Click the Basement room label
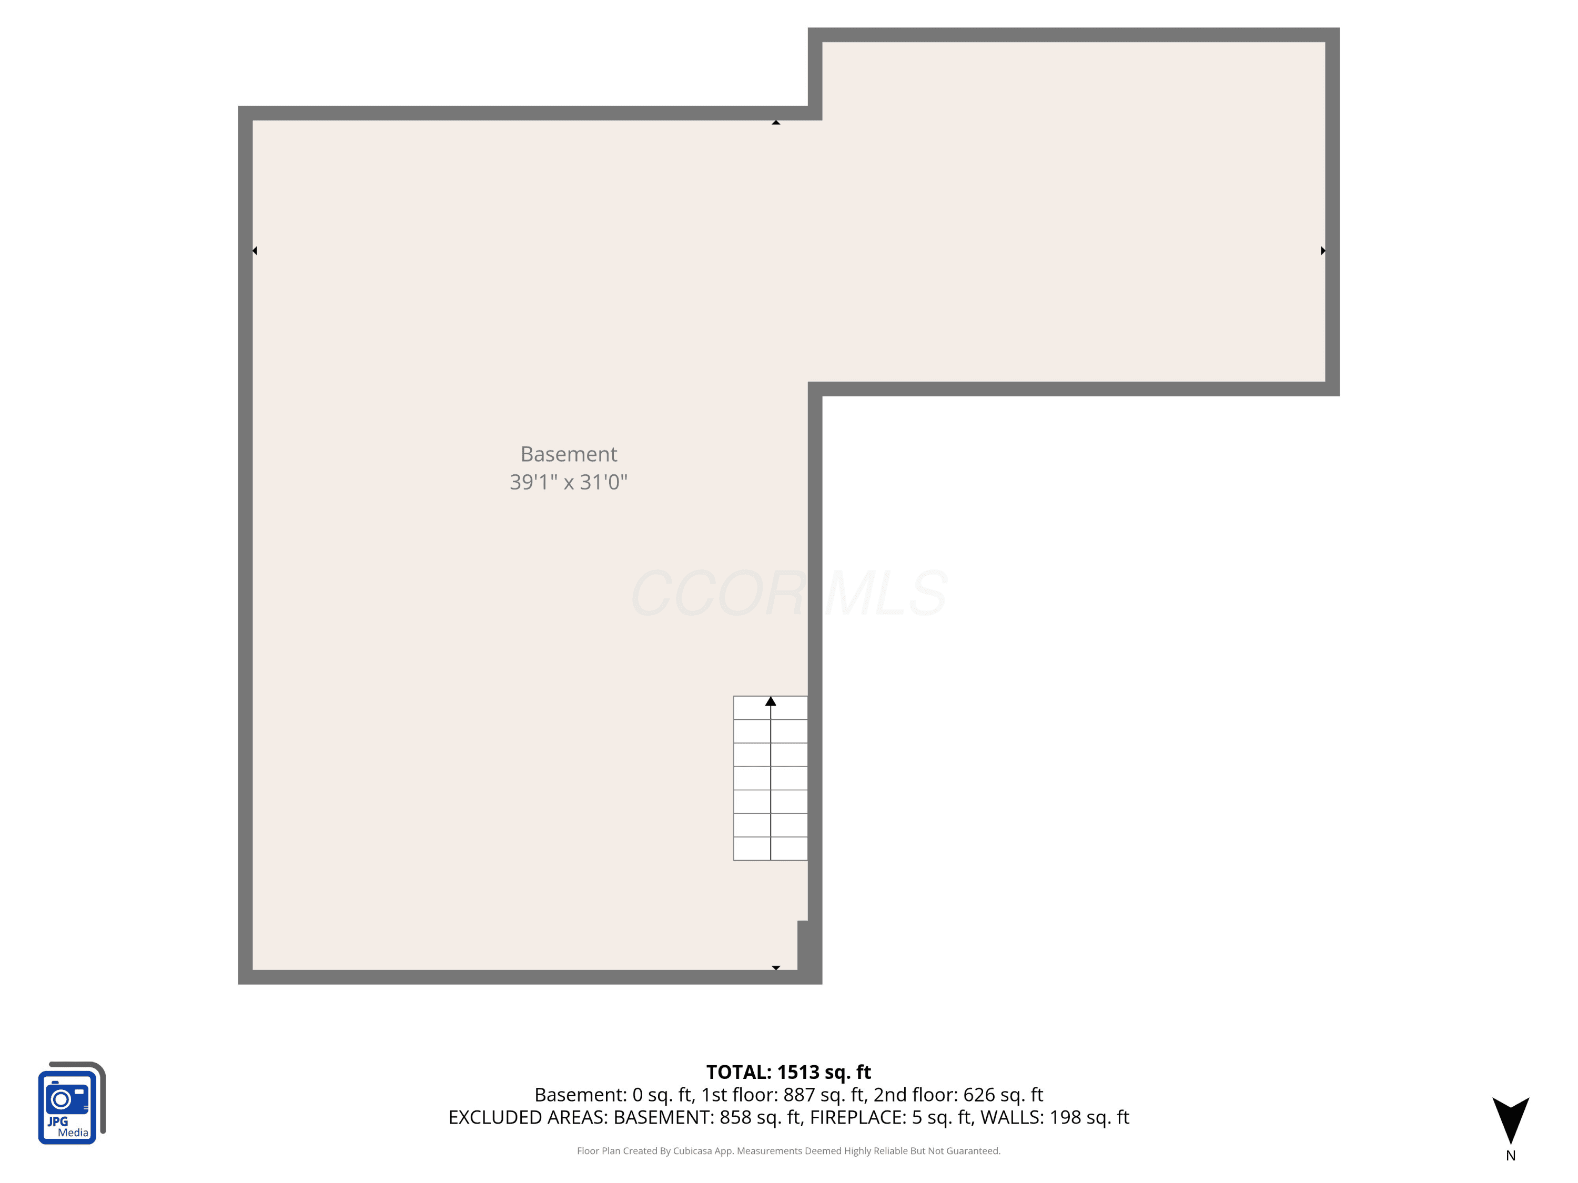(569, 454)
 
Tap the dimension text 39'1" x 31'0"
(569, 482)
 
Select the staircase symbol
(771, 778)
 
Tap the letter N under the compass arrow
(1510, 1156)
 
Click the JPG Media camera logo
(72, 1103)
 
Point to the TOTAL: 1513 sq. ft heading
(788, 1073)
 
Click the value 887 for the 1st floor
(800, 1095)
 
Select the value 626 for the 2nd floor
(979, 1095)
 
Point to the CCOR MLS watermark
(789, 593)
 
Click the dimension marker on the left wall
(255, 251)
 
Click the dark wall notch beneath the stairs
(803, 945)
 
